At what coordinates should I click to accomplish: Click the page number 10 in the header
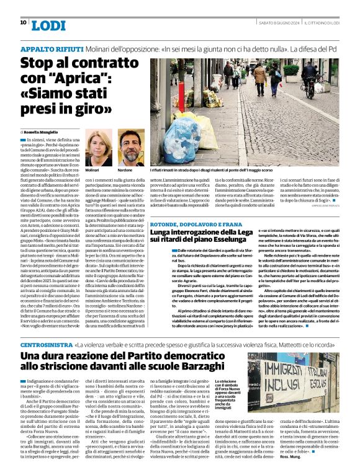pyautogui.click(x=23, y=22)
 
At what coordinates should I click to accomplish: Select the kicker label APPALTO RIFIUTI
pyautogui.click(x=47, y=49)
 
